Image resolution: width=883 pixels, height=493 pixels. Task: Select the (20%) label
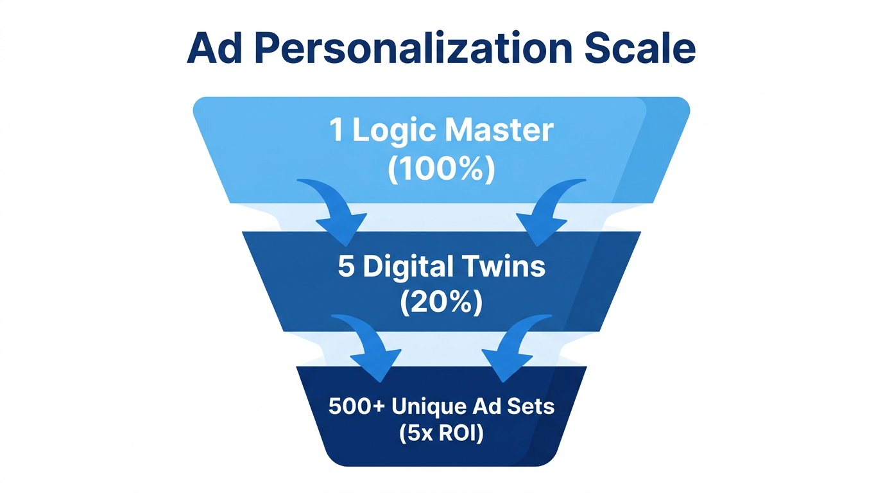click(441, 302)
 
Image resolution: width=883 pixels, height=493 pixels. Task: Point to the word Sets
click(533, 406)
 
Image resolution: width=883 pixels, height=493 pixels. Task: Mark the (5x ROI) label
click(441, 434)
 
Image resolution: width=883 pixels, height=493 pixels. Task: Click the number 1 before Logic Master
click(337, 131)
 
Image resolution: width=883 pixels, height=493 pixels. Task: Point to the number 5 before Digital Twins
click(345, 267)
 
